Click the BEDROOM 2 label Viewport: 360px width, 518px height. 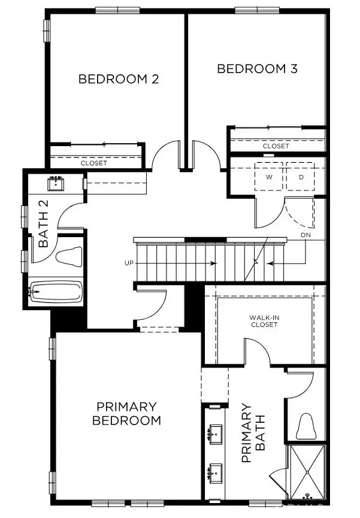pyautogui.click(x=119, y=79)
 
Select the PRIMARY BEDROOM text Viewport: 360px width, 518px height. pyautogui.click(x=126, y=413)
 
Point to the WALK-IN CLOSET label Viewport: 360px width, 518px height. pyautogui.click(x=264, y=321)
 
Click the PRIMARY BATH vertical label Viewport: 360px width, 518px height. pyautogui.click(x=252, y=433)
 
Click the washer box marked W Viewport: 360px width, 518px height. pyautogui.click(x=270, y=177)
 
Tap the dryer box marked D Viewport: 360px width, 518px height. pyautogui.click(x=301, y=177)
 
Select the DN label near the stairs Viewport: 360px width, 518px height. pyautogui.click(x=305, y=235)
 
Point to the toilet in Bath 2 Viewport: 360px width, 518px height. pyautogui.click(x=69, y=256)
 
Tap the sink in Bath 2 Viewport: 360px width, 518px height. pyautogui.click(x=58, y=183)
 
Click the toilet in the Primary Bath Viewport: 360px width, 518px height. pyautogui.click(x=306, y=426)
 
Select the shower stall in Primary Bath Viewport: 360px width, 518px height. pyautogui.click(x=307, y=471)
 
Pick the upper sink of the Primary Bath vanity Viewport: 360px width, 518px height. pyautogui.click(x=214, y=434)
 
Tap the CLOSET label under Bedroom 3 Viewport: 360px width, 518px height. pyautogui.click(x=276, y=146)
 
